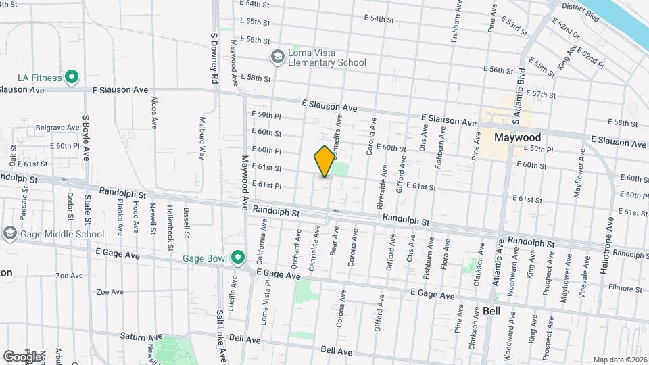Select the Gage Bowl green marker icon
(x=237, y=258)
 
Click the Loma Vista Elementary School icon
(x=277, y=57)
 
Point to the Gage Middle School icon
(x=9, y=234)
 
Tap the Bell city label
(x=492, y=311)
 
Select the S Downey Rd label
(x=214, y=58)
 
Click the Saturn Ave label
(x=142, y=336)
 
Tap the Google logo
(x=22, y=356)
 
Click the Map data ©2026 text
(x=619, y=360)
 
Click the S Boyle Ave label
(x=87, y=137)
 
